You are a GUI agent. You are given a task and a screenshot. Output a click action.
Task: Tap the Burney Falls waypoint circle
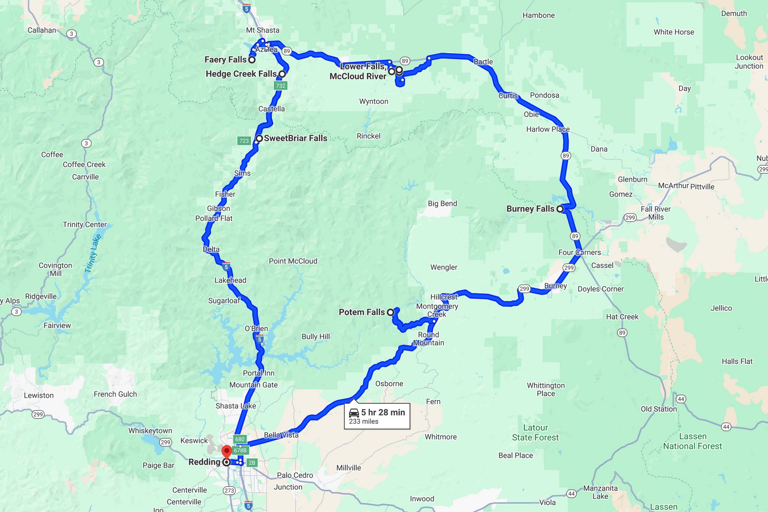[560, 209]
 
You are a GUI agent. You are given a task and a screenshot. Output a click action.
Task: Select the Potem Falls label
[361, 312]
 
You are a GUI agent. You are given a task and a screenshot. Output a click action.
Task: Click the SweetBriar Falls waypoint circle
[259, 138]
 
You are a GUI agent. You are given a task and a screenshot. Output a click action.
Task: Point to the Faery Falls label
[225, 60]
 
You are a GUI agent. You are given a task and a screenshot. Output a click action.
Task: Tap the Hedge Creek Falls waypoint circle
[282, 74]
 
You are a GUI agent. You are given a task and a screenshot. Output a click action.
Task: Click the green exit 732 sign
[280, 86]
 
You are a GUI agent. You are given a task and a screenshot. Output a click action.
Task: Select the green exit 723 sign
[244, 141]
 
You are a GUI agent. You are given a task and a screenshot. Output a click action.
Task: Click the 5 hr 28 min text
[383, 413]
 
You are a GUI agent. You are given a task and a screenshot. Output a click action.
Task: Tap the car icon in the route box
[354, 413]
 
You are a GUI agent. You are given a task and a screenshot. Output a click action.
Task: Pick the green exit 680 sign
[240, 439]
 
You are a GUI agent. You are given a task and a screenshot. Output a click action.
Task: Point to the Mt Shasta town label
[263, 30]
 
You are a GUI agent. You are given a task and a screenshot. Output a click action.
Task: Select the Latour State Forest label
[535, 432]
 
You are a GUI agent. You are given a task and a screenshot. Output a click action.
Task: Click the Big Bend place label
[442, 204]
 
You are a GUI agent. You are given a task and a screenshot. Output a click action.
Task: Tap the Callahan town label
[41, 30]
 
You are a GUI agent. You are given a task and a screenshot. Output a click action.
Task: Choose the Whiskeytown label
[150, 431]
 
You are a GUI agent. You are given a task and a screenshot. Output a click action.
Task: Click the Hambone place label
[538, 15]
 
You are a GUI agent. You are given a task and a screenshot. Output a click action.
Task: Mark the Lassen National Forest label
[692, 441]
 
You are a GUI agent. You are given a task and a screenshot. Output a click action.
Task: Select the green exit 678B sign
[240, 451]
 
